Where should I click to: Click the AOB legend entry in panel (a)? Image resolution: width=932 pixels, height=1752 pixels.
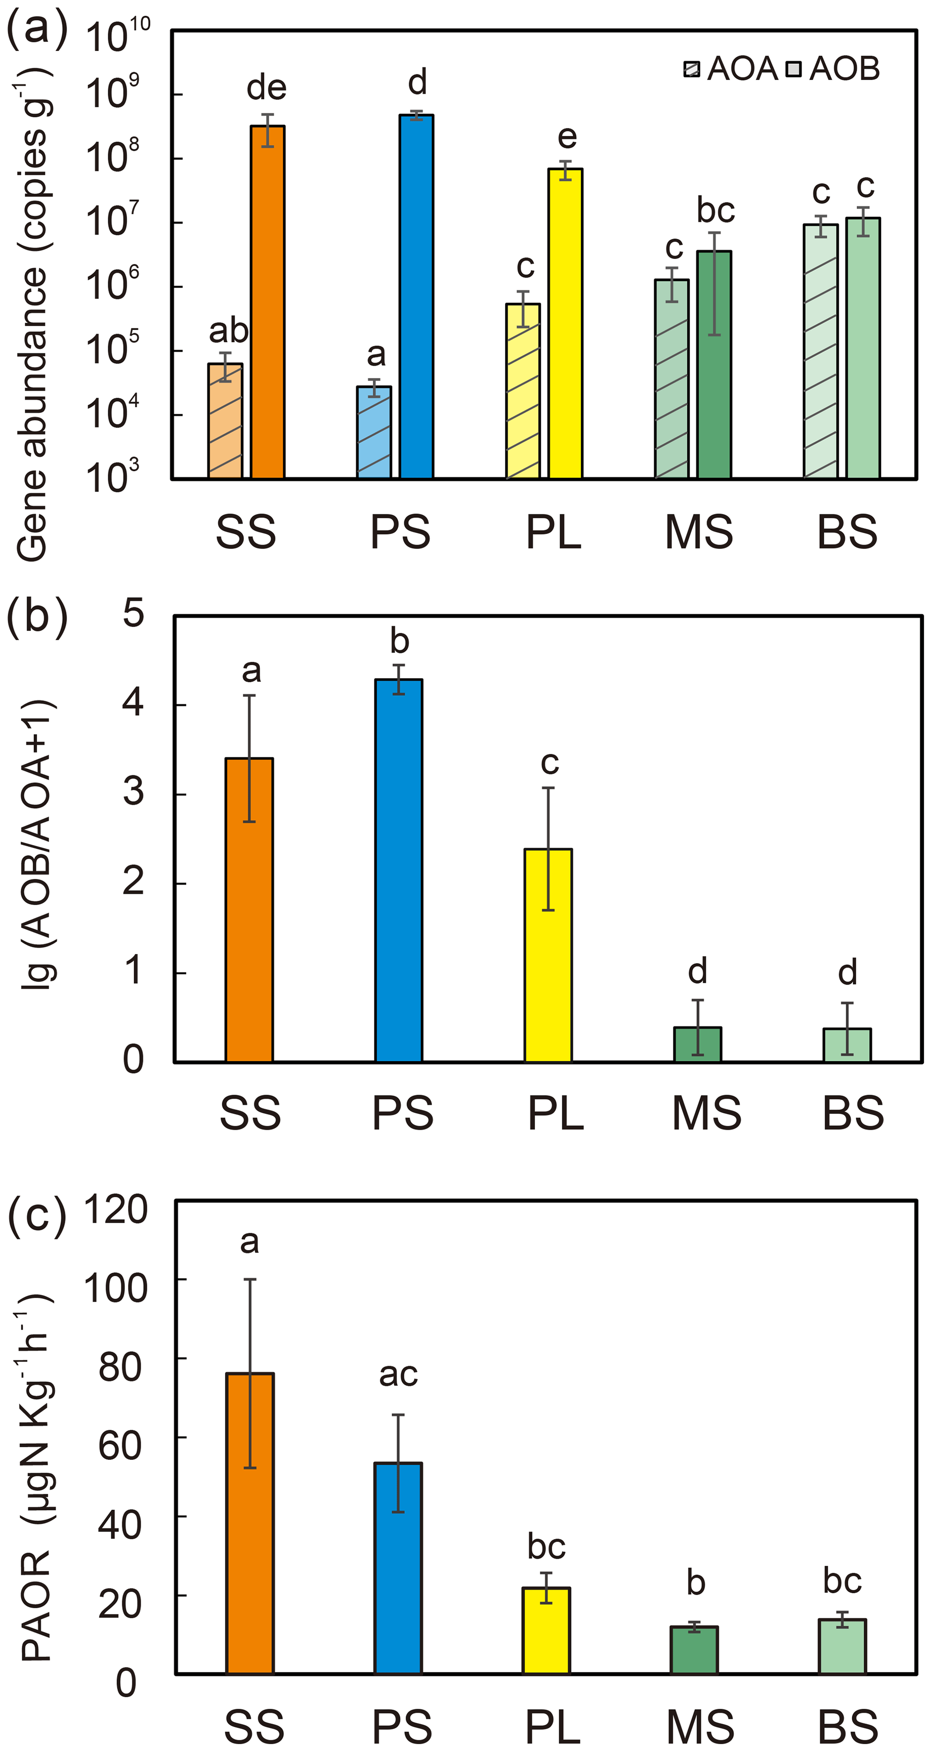(x=833, y=69)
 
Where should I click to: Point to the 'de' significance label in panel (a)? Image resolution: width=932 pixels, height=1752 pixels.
(x=266, y=88)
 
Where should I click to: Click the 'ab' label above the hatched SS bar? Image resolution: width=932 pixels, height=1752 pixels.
(x=228, y=331)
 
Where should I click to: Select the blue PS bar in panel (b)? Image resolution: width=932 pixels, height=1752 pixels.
(x=399, y=871)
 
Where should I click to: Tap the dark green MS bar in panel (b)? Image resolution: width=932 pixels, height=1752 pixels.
(x=697, y=1044)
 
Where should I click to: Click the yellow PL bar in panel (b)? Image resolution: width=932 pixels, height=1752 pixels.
(x=548, y=955)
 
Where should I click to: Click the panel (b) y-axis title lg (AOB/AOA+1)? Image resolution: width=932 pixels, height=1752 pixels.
(x=37, y=844)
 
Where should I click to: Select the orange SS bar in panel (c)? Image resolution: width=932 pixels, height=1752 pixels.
(x=250, y=1523)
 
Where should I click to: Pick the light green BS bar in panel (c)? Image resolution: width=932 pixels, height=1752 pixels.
(x=842, y=1647)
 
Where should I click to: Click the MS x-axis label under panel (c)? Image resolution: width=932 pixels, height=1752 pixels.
(x=700, y=1725)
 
